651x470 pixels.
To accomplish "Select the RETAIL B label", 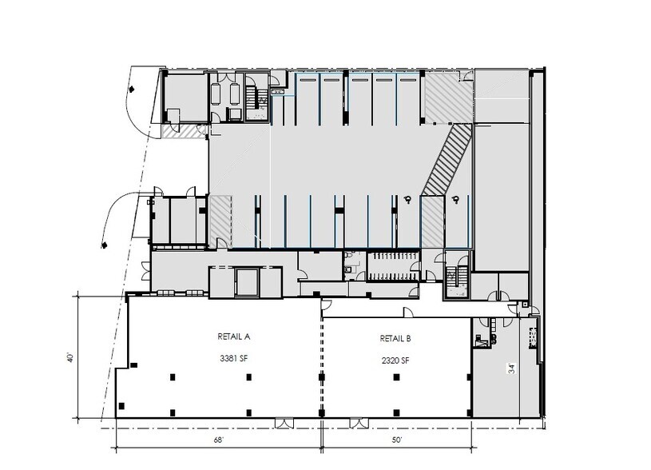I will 395,338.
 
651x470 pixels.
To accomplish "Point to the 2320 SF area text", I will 395,360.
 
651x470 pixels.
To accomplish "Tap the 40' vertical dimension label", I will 70,356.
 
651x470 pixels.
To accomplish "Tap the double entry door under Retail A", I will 284,421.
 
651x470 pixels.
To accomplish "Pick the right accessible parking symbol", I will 455,200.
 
